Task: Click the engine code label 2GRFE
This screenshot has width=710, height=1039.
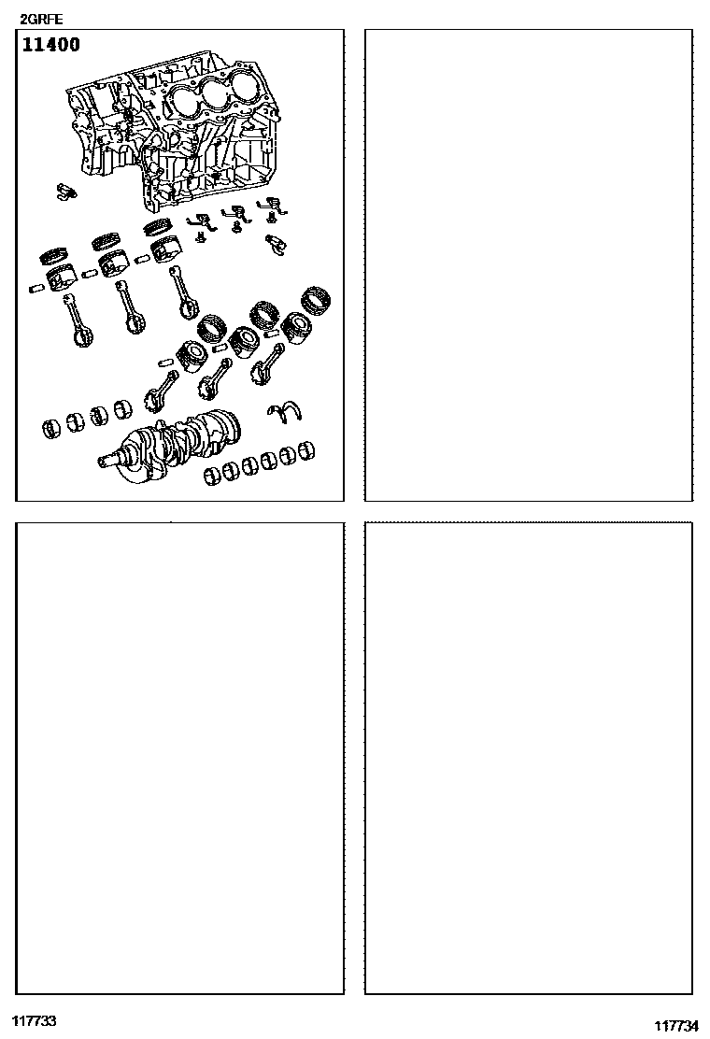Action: tap(41, 20)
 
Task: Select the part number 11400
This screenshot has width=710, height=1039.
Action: tap(51, 45)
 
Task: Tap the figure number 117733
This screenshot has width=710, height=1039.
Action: tap(33, 1020)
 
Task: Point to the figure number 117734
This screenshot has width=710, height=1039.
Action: tap(676, 1026)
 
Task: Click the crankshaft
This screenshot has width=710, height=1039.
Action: tap(172, 443)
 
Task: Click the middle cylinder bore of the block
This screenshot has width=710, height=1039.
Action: tap(215, 93)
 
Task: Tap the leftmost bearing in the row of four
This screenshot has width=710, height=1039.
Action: tap(51, 428)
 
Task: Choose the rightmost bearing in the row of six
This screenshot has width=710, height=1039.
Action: tap(305, 450)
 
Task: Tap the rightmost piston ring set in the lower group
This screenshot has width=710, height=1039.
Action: tap(316, 299)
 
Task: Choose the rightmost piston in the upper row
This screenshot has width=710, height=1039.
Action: tap(165, 250)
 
